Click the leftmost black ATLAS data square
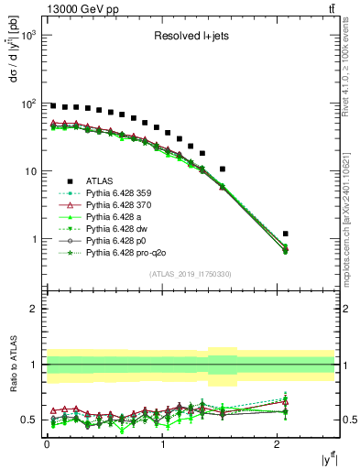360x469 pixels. click(x=53, y=106)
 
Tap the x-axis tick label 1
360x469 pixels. click(x=162, y=445)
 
